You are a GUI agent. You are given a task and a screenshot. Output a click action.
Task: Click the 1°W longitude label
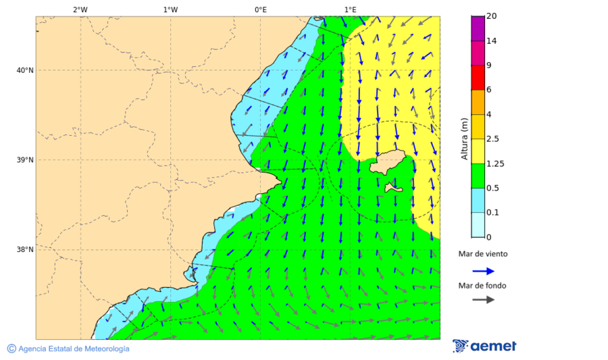[170, 9]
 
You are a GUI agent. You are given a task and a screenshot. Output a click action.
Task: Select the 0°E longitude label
[260, 9]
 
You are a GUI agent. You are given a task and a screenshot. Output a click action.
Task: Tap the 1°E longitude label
[350, 9]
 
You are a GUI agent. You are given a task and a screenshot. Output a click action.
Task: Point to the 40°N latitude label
[24, 70]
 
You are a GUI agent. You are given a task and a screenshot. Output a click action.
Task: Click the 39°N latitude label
[24, 160]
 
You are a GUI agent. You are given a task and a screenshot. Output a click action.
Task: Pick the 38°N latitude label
[24, 250]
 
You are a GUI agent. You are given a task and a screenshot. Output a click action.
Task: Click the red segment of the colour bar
[478, 78]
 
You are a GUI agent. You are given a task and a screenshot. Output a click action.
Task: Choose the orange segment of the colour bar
[478, 102]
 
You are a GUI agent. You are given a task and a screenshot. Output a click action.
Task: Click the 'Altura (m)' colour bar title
[464, 138]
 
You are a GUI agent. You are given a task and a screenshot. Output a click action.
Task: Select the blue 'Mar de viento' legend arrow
[483, 271]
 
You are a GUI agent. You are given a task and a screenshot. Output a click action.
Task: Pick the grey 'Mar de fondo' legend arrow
[483, 300]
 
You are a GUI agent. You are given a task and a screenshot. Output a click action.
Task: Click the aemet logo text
[492, 346]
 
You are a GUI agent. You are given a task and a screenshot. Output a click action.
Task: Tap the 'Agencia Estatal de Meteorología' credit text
[74, 349]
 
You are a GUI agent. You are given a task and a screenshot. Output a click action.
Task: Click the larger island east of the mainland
[387, 163]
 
